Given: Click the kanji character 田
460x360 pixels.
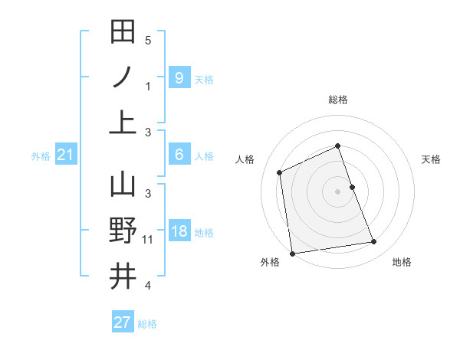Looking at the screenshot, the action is pyautogui.click(x=123, y=31).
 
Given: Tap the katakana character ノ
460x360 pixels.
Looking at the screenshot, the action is pyautogui.click(x=123, y=77).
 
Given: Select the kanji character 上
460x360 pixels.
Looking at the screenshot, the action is pyautogui.click(x=123, y=123).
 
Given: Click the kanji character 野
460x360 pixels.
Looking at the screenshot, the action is pyautogui.click(x=123, y=231).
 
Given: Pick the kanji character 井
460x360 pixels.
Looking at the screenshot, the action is pyautogui.click(x=123, y=277).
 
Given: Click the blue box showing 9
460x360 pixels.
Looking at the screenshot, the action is pyautogui.click(x=179, y=77).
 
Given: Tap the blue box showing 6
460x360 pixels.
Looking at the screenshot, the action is pyautogui.click(x=179, y=155).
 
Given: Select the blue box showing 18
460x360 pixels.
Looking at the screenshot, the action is pyautogui.click(x=179, y=232).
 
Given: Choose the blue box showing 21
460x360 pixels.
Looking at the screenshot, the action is pyautogui.click(x=66, y=155).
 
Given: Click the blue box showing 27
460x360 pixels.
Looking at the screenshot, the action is pyautogui.click(x=123, y=322).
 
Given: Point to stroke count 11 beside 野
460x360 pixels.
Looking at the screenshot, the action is pyautogui.click(x=148, y=240).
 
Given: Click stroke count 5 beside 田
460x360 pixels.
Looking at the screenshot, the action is pyautogui.click(x=148, y=40).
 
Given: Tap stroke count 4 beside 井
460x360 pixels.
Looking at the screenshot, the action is pyautogui.click(x=148, y=286).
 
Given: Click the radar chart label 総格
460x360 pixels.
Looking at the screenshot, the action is pyautogui.click(x=338, y=100).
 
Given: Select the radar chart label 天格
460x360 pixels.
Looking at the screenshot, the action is pyautogui.click(x=432, y=159).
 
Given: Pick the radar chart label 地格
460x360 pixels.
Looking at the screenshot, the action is pyautogui.click(x=402, y=262).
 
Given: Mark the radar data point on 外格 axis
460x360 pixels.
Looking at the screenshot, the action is pyautogui.click(x=292, y=253).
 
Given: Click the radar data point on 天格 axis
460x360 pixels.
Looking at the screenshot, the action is pyautogui.click(x=352, y=187).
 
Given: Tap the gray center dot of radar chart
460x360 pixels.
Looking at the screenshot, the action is pyautogui.click(x=338, y=191).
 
